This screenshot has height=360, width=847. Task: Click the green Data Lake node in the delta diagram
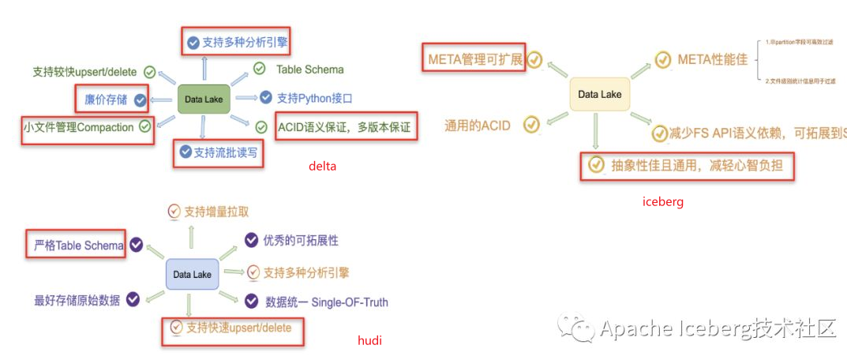pos(204,99)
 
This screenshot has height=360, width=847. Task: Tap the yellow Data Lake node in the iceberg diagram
pos(599,95)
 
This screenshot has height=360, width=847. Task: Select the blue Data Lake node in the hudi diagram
pos(192,275)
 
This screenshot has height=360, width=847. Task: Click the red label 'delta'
pos(322,166)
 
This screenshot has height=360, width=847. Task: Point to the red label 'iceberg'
pos(663,201)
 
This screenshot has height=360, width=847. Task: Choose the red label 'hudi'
pos(369,341)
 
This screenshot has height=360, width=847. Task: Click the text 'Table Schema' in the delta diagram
pos(309,69)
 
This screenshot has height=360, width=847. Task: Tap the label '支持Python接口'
pos(314,99)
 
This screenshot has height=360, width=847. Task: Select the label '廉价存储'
pos(106,99)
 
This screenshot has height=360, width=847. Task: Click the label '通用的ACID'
pos(478,125)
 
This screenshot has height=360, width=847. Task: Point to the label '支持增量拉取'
pos(216,212)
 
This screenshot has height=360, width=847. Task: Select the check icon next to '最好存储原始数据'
pos(133,299)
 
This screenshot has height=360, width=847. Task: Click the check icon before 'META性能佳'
pos(662,59)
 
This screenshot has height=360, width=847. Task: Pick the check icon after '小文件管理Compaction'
pos(145,126)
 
